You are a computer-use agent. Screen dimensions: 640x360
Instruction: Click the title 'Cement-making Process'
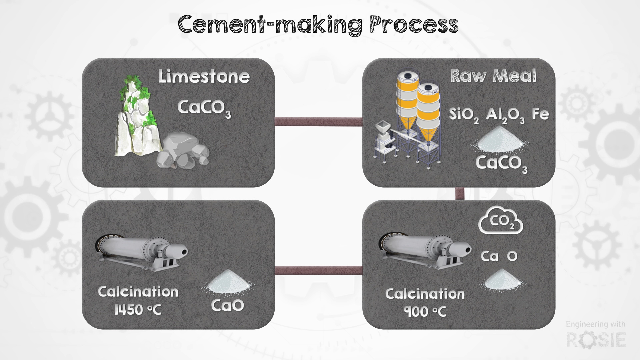pyautogui.click(x=318, y=24)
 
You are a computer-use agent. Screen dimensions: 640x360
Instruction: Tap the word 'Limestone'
pyautogui.click(x=204, y=76)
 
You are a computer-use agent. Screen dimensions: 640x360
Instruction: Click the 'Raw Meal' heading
pyautogui.click(x=493, y=76)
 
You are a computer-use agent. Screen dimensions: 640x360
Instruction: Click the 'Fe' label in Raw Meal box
pyautogui.click(x=540, y=114)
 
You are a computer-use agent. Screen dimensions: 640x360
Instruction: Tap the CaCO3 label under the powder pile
pyautogui.click(x=501, y=164)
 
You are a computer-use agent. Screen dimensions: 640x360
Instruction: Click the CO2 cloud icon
pyautogui.click(x=501, y=220)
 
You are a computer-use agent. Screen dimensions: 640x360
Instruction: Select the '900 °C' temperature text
pyautogui.click(x=425, y=312)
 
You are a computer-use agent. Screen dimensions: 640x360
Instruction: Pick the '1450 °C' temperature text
pyautogui.click(x=138, y=310)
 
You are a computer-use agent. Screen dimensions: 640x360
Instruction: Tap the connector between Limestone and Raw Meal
pyautogui.click(x=318, y=122)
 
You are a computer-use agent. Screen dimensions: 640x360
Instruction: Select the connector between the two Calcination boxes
pyautogui.click(x=318, y=270)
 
